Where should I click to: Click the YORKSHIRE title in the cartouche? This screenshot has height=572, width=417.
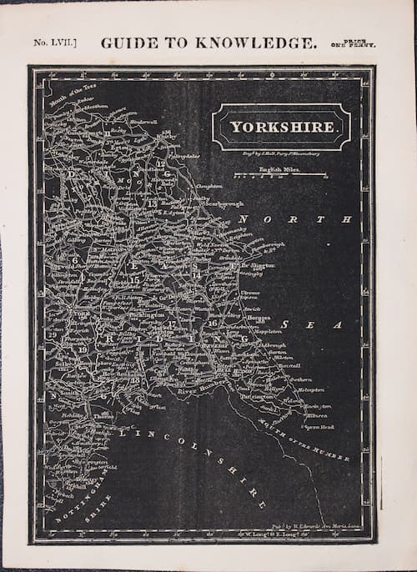coord(282,128)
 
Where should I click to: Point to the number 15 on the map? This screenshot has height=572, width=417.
coord(133,280)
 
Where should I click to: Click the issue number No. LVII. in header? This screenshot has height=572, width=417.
coord(55,42)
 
